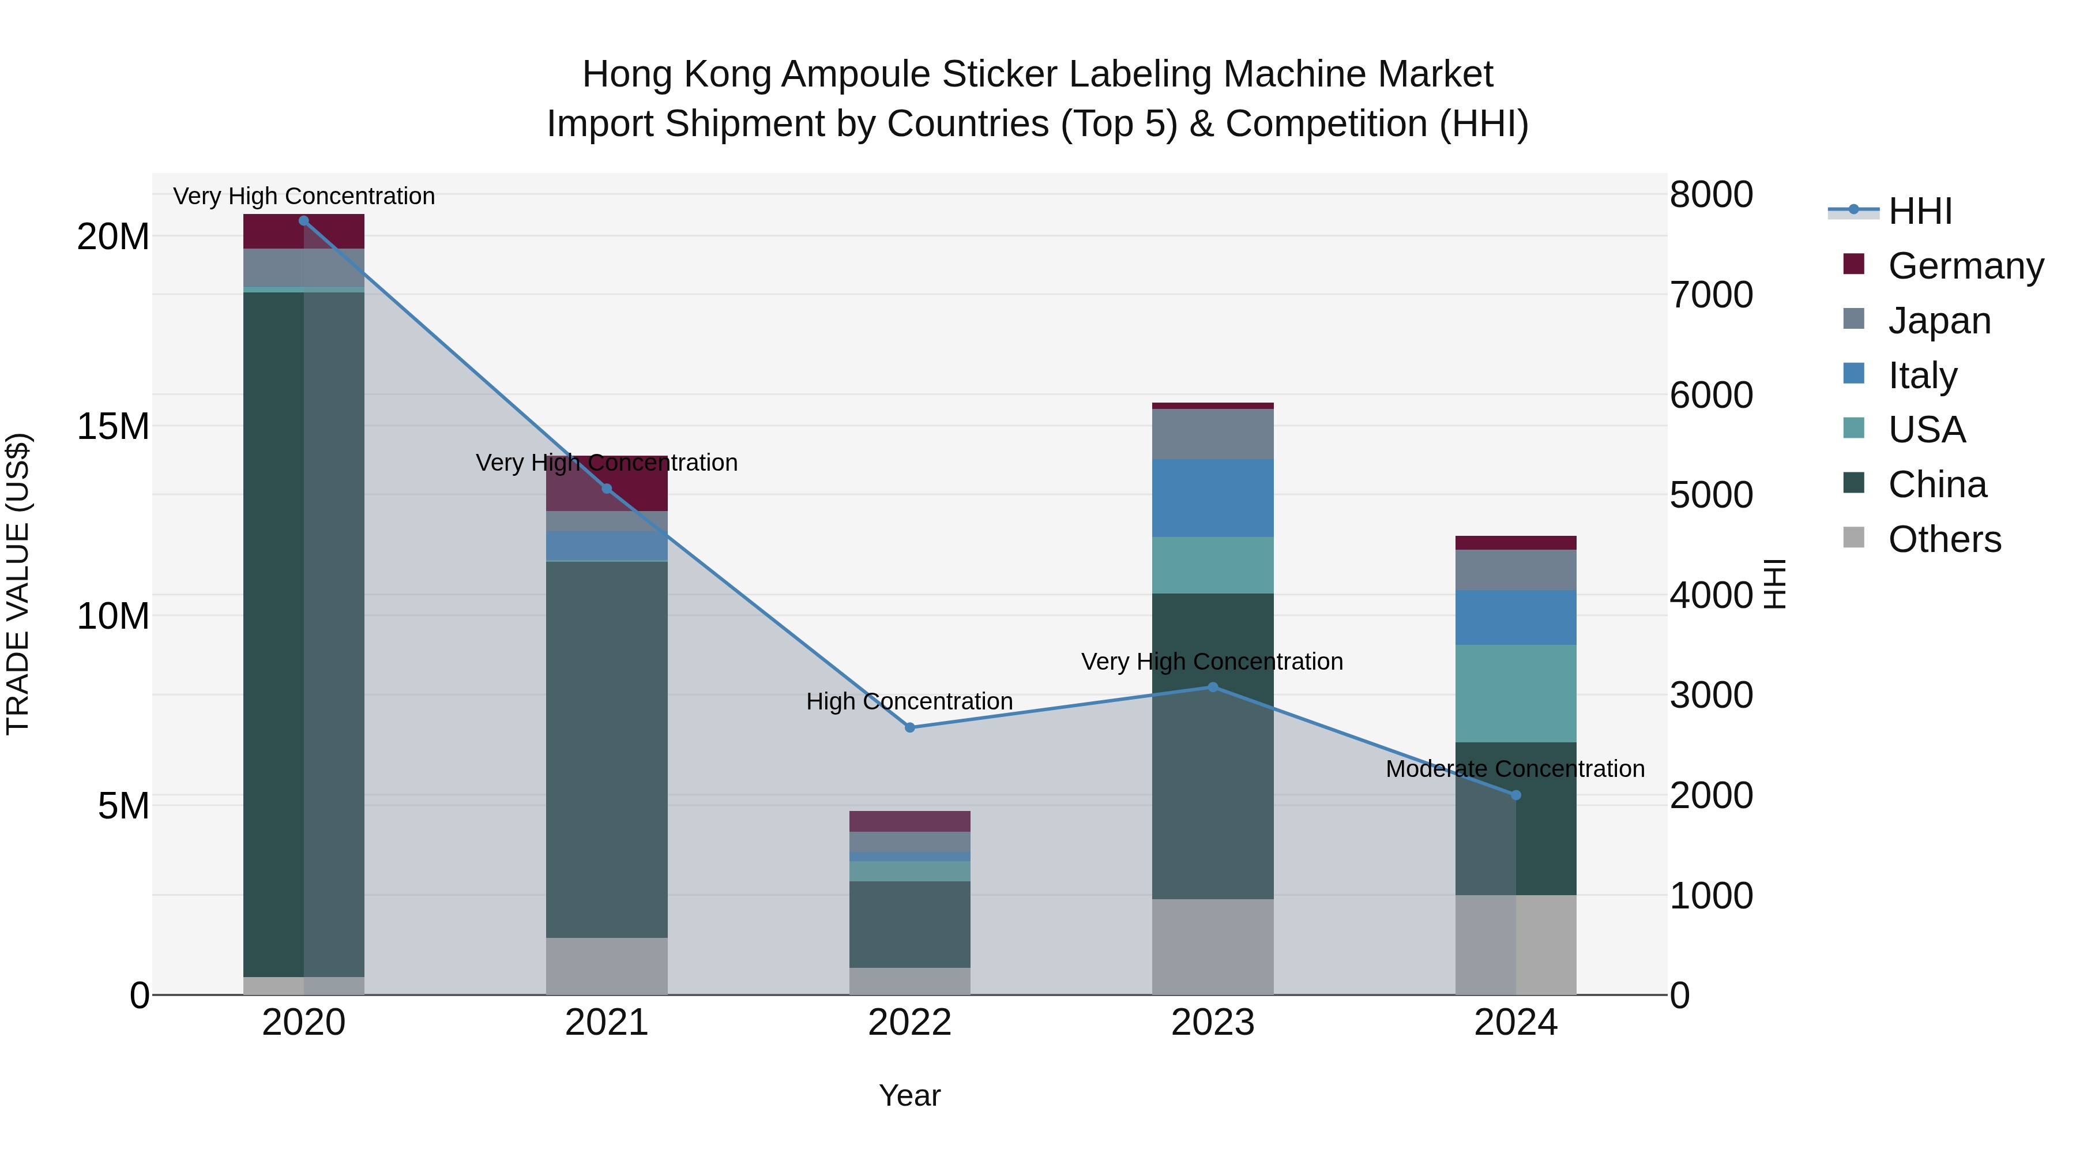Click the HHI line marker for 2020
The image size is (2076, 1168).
[304, 221]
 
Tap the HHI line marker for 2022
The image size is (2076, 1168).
[910, 728]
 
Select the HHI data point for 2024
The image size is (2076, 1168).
[1516, 795]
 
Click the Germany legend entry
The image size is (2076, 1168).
[1965, 266]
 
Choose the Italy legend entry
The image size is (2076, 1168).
[1921, 375]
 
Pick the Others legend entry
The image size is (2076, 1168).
[1944, 539]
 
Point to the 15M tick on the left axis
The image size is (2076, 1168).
[113, 426]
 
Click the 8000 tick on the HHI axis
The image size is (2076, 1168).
[1711, 194]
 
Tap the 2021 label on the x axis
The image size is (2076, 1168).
[606, 1023]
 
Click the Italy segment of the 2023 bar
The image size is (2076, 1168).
[1213, 498]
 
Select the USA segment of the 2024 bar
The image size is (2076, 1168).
[1516, 693]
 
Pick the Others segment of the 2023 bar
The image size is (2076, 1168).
[1213, 947]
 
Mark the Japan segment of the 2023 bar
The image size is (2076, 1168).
[1213, 434]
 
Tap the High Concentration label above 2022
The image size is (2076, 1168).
[909, 701]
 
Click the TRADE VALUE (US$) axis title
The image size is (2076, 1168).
[18, 584]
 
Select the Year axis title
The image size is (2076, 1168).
[910, 1096]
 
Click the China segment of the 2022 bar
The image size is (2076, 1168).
[910, 924]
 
